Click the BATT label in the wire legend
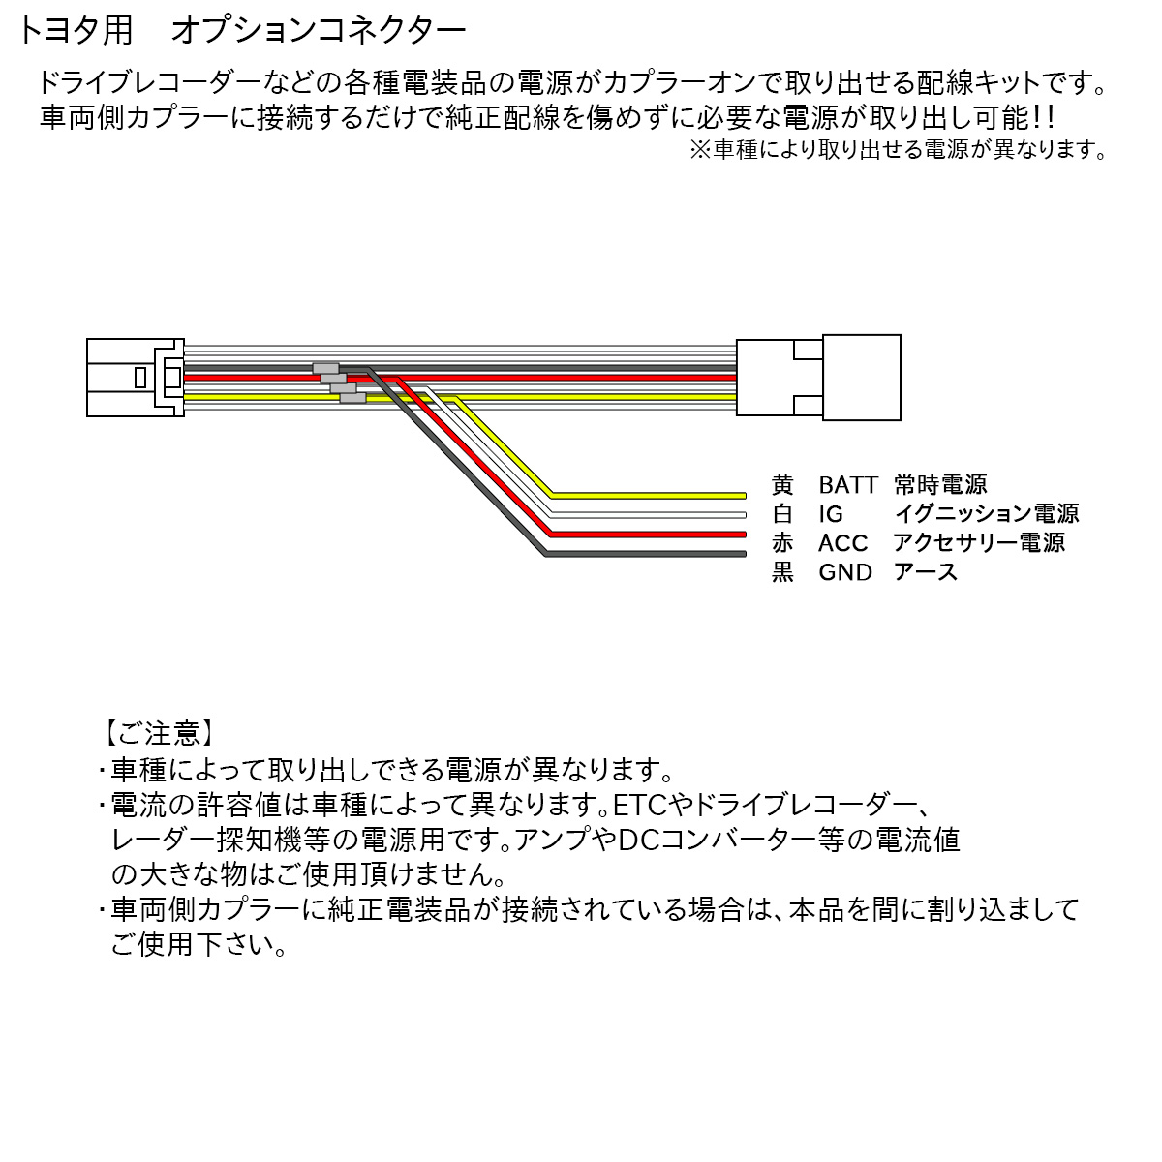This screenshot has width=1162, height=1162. [847, 484]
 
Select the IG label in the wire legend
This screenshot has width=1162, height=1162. [830, 514]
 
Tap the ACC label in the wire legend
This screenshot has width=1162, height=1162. [842, 543]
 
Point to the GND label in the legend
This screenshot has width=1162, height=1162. [844, 572]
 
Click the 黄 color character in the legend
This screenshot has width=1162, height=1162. [782, 484]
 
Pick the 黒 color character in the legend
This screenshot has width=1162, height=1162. [782, 572]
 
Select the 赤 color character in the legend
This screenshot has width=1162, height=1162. [782, 543]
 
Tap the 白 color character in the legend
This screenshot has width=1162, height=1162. [782, 514]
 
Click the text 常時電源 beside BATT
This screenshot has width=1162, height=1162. [940, 484]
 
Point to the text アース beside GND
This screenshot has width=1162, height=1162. [926, 572]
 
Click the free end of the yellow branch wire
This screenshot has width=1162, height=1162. [745, 496]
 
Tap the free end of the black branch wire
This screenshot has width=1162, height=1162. [745, 554]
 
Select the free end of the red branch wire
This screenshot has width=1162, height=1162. [745, 535]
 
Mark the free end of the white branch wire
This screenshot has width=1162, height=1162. [745, 515]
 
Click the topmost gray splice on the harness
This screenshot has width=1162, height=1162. [325, 368]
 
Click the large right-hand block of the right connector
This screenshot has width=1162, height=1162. [861, 378]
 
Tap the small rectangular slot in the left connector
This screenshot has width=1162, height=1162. [140, 378]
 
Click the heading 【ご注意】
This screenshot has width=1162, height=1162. [159, 733]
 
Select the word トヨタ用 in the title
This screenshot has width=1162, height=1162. [75, 30]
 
